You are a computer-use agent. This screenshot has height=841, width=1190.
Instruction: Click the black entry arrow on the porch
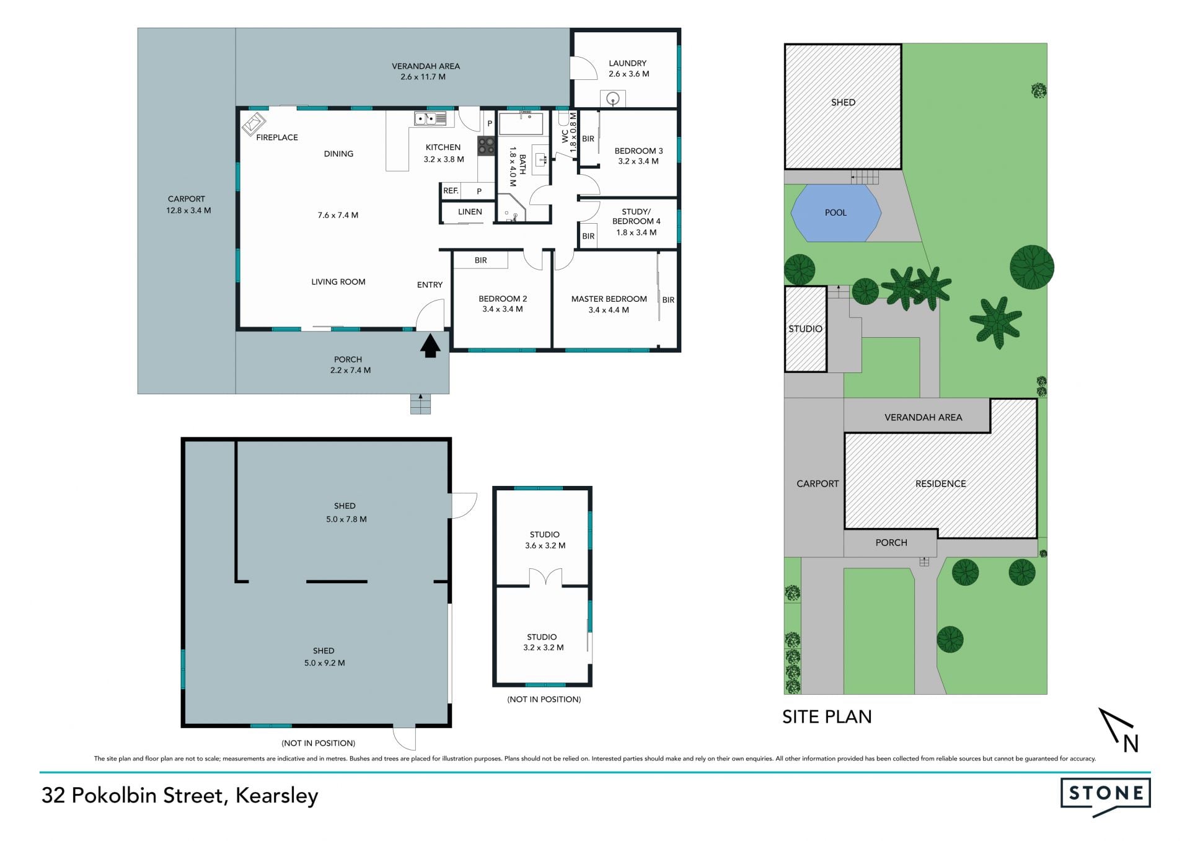[x=430, y=346]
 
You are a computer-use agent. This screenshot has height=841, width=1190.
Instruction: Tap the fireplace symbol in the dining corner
[x=254, y=123]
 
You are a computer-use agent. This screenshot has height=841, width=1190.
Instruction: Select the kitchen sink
[x=430, y=118]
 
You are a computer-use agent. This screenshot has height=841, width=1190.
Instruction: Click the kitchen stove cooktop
[x=486, y=146]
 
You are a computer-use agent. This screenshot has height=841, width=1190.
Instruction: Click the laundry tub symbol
[x=613, y=99]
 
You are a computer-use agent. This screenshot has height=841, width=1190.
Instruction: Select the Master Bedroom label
[x=609, y=299]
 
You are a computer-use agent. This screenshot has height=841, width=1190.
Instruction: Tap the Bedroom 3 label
[x=638, y=151]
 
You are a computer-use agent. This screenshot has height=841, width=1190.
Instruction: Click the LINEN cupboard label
[x=470, y=212]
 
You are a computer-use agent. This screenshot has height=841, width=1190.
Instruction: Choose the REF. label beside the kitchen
[x=451, y=191]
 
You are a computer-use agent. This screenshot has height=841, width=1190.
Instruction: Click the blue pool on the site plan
[x=835, y=213]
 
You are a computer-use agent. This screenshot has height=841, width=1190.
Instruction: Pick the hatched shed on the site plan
[x=843, y=106]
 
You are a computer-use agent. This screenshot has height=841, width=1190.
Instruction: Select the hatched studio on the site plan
[x=805, y=328]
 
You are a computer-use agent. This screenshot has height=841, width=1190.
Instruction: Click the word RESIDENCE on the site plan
[x=940, y=484]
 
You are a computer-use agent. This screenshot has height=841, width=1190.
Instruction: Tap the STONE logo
[x=1106, y=796]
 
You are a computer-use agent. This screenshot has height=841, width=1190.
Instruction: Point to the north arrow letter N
[x=1130, y=743]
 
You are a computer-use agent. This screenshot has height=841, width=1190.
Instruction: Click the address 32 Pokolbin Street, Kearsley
[x=180, y=796]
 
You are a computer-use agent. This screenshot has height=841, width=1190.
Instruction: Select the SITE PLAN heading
[x=827, y=717]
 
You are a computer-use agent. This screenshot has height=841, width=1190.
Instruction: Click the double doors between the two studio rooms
[x=545, y=578]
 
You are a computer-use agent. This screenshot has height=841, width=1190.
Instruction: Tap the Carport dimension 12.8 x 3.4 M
[x=188, y=211]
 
